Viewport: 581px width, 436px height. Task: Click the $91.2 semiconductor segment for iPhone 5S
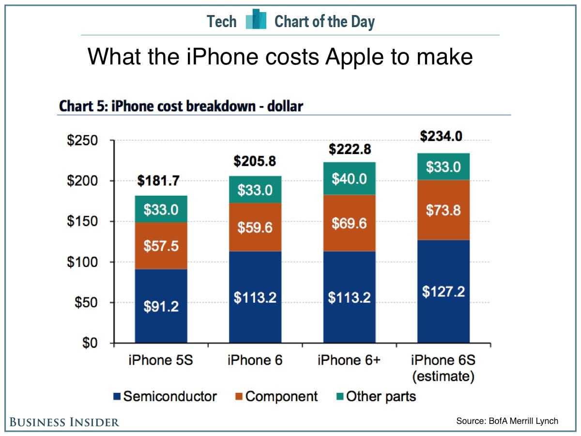point(161,306)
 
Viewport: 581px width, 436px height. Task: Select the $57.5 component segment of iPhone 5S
point(161,246)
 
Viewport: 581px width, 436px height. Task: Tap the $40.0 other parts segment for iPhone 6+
point(349,179)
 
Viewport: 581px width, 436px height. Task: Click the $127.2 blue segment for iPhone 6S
point(443,292)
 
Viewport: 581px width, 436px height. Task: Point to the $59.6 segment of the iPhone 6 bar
point(255,227)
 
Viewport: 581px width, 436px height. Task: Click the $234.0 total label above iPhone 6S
point(441,137)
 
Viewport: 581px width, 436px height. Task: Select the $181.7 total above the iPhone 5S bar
point(158,181)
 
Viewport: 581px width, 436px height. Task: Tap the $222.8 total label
point(350,150)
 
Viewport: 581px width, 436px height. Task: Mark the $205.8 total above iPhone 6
point(255,161)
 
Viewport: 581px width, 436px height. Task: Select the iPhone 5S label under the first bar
point(161,361)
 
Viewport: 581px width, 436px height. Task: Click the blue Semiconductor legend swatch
point(117,397)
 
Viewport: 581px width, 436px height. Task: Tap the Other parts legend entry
point(376,397)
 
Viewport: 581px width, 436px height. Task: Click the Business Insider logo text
point(64,422)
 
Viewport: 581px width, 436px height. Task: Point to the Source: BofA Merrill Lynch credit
point(507,421)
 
